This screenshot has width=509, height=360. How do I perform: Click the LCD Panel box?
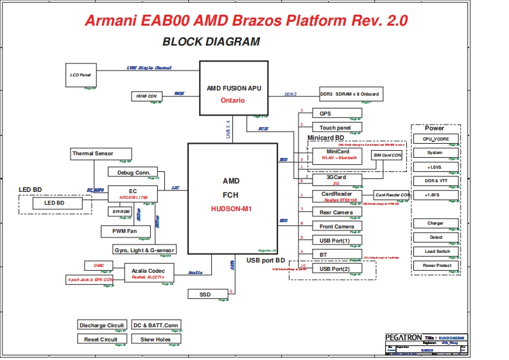pyautogui.click(x=80, y=75)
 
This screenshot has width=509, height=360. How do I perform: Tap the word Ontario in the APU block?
pyautogui.click(x=232, y=101)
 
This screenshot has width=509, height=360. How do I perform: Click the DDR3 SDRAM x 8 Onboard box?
pyautogui.click(x=349, y=94)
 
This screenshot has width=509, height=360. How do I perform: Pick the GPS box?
pyautogui.click(x=337, y=113)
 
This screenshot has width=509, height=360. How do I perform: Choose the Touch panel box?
pyautogui.click(x=337, y=128)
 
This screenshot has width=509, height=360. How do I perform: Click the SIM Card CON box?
pyautogui.click(x=387, y=155)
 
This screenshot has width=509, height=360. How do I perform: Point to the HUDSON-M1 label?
pyautogui.click(x=230, y=209)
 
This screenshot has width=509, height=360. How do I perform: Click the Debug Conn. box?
pyautogui.click(x=133, y=172)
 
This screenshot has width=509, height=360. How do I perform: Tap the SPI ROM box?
pyautogui.click(x=121, y=211)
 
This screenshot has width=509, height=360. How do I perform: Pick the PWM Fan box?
pyautogui.click(x=126, y=231)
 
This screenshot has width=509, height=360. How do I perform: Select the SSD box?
pyautogui.click(x=205, y=294)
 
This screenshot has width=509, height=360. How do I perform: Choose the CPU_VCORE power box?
pyautogui.click(x=436, y=139)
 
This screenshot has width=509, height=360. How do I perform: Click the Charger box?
pyautogui.click(x=436, y=223)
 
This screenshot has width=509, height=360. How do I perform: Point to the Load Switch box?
pyautogui.click(x=436, y=252)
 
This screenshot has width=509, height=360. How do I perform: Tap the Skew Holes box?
pyautogui.click(x=155, y=339)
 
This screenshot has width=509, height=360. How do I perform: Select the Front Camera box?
pyautogui.click(x=337, y=227)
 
